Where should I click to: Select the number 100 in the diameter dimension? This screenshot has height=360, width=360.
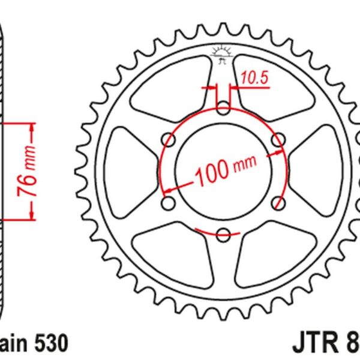click(211, 172)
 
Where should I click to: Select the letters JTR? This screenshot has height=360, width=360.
click(317, 344)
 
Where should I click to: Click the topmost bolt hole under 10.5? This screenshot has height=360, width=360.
click(223, 108)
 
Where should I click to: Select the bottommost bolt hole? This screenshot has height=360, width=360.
click(223, 234)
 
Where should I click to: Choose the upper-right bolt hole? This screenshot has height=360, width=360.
click(277, 139)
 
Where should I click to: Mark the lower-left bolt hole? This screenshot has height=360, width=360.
click(169, 202)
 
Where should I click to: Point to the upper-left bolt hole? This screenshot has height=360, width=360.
click(169, 140)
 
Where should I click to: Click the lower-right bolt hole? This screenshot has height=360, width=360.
click(277, 202)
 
